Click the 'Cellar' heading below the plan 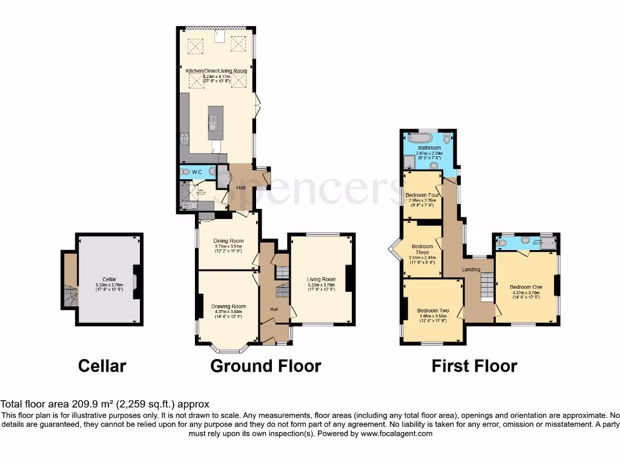(102, 366)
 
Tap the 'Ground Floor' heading (266, 366)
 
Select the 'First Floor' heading (474, 366)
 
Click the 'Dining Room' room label (228, 242)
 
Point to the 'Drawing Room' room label (228, 306)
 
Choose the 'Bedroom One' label (524, 287)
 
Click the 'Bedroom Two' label (432, 310)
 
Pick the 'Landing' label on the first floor (471, 269)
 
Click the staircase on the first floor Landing (487, 286)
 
